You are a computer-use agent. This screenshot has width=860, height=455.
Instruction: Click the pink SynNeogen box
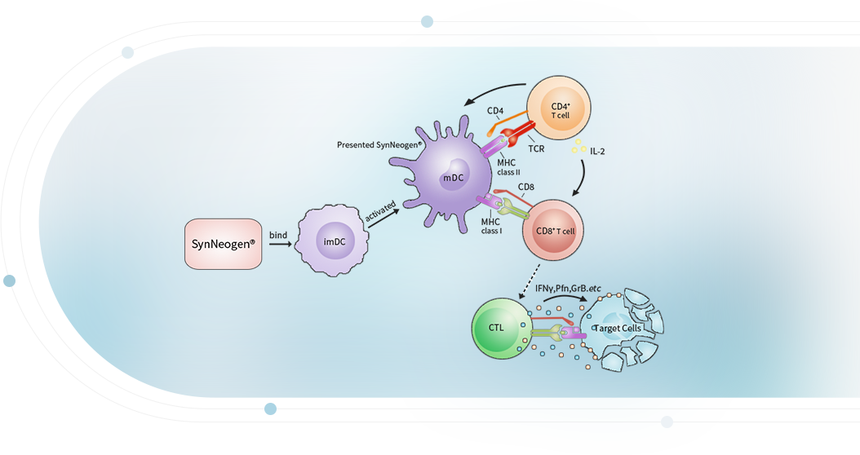point(223,243)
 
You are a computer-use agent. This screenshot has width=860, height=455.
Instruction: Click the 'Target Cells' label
point(618,329)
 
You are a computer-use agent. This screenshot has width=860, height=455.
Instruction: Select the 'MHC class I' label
point(490,226)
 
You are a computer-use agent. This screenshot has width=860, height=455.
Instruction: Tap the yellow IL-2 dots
point(579,147)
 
